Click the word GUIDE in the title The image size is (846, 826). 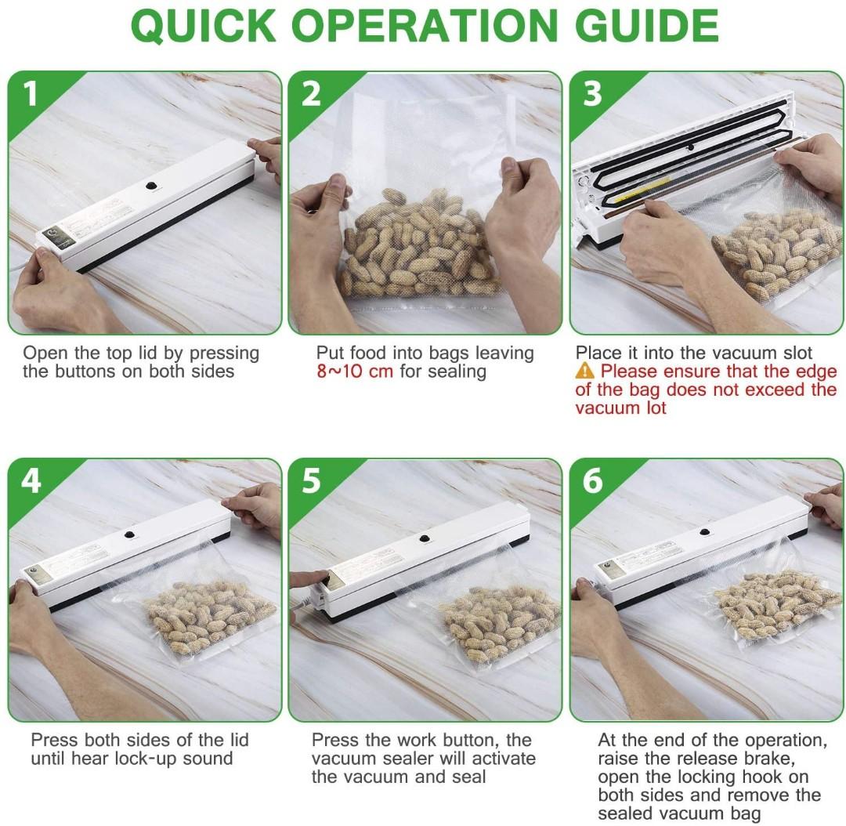(x=646, y=25)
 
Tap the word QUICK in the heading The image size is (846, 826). (x=204, y=26)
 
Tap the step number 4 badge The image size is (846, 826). (x=31, y=480)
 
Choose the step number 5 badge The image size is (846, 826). (x=311, y=480)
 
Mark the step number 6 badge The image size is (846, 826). (x=592, y=480)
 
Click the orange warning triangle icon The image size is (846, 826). (x=585, y=371)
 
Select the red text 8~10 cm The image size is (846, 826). (x=355, y=371)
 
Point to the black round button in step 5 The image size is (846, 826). (x=425, y=539)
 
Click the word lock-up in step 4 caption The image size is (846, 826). (x=141, y=759)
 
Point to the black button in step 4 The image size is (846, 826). (x=130, y=534)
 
